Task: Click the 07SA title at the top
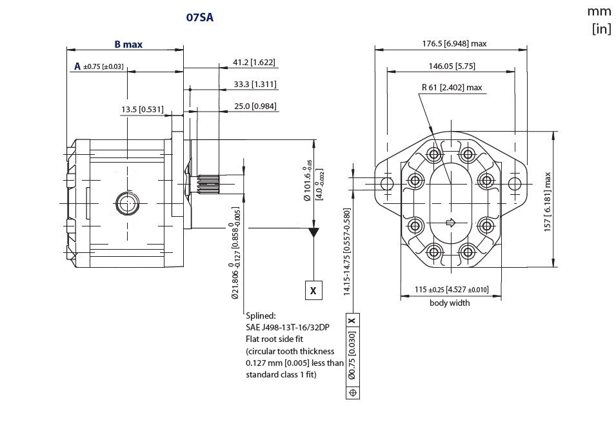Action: point(199,18)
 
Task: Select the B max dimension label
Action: point(128,45)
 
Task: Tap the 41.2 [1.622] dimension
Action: point(254,63)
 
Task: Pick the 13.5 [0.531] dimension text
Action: point(143,110)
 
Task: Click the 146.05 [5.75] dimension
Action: point(452,66)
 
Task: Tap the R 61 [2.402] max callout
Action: point(452,88)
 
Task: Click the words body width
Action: point(450,303)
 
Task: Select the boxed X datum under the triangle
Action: point(313,291)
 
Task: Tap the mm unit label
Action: point(599,12)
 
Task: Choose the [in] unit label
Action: point(601,29)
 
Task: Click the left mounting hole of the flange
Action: point(387,184)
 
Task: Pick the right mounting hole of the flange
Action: point(514,184)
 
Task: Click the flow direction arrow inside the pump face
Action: point(451,223)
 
